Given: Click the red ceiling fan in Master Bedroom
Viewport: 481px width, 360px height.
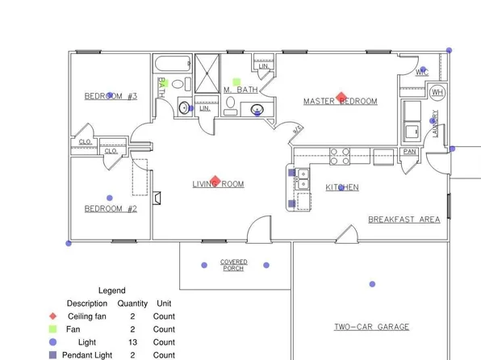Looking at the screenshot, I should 341,97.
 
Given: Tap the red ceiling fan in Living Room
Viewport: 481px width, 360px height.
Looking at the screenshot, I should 215,182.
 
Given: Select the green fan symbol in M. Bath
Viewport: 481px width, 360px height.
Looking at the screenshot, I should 236,82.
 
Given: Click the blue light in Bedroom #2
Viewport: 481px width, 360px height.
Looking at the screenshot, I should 110,198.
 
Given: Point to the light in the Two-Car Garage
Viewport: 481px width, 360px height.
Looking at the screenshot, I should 372,284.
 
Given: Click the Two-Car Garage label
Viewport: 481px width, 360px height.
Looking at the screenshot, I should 371,327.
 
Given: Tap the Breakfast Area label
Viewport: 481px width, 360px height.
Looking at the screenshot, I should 404,220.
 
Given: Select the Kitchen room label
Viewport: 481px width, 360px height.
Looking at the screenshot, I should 342,187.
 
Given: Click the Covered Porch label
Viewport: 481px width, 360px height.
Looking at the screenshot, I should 234,265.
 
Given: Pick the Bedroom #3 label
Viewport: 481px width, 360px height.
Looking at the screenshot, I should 111,96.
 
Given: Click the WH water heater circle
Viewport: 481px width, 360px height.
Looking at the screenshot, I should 437,92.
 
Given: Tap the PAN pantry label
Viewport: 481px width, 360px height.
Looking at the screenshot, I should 410,152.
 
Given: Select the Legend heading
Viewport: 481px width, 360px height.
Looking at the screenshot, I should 111,291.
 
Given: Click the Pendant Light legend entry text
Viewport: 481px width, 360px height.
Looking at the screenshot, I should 87,355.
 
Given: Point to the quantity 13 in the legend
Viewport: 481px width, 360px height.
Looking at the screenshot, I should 132,342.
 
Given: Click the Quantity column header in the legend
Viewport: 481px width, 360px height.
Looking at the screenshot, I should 132,303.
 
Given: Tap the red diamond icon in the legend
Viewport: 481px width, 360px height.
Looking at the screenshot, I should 52,316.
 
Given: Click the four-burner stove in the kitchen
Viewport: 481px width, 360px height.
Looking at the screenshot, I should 339,155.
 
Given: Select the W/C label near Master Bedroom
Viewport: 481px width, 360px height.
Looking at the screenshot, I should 421,73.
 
